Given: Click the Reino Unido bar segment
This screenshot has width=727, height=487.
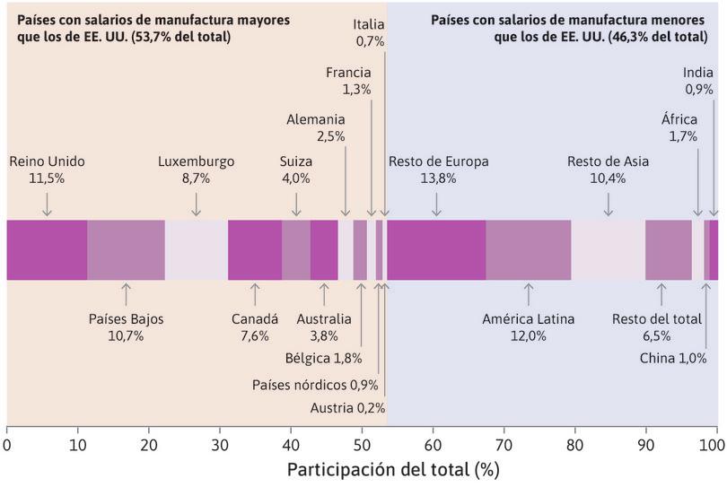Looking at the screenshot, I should pos(47,249).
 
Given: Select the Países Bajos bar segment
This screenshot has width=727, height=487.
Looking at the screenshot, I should pos(126,249).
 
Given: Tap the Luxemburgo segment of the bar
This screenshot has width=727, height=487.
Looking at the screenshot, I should pos(196,249).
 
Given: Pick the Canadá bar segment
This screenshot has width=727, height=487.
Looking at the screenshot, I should pos(255,249).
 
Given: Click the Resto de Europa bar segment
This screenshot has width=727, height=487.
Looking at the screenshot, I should pos(436,249).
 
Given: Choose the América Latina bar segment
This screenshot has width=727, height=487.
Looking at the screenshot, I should pos(529,249).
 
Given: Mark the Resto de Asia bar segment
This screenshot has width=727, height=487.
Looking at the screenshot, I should pos(608,249).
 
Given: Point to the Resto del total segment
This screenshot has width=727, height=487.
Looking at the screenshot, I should pos(669,249).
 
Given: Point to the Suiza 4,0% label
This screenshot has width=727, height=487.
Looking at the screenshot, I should pos(296,170).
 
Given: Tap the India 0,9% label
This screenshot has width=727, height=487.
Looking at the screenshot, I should pos(698,82).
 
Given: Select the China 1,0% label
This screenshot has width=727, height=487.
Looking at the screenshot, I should pos(673,358).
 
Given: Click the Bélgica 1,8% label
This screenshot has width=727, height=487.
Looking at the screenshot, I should pos(323,360).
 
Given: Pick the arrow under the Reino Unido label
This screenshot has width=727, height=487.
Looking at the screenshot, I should pos(47,204).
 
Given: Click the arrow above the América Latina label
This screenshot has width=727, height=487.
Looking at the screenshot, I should pos(529,294).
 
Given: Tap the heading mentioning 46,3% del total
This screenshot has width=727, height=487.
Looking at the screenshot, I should pos(568,28).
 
